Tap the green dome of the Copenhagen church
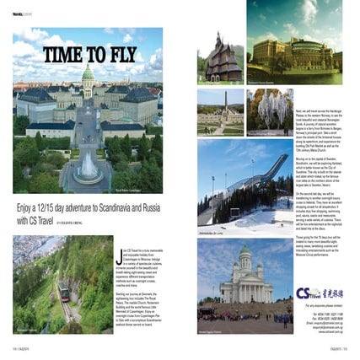[x=88, y=73]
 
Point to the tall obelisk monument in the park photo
[x=224, y=103]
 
